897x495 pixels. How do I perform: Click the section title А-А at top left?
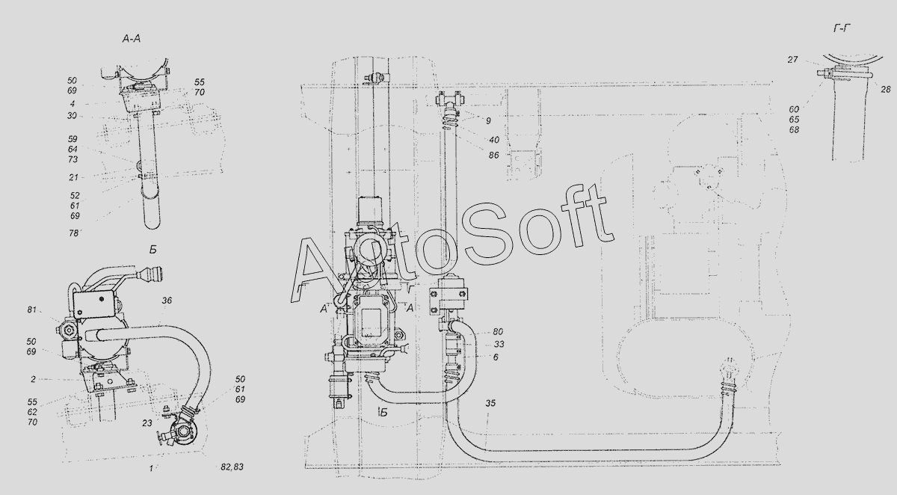coord(132,39)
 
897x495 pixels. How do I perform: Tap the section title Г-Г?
coord(842,28)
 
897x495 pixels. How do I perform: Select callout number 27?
coord(792,60)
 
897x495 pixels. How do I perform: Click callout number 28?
coord(885,90)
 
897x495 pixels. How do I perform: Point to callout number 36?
coord(167,301)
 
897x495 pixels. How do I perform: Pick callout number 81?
coord(31,310)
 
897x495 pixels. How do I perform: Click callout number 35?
coord(490,403)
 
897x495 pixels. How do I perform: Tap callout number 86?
coord(494,155)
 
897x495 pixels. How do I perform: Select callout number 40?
coord(494,140)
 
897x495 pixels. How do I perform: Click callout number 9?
coord(488,121)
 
